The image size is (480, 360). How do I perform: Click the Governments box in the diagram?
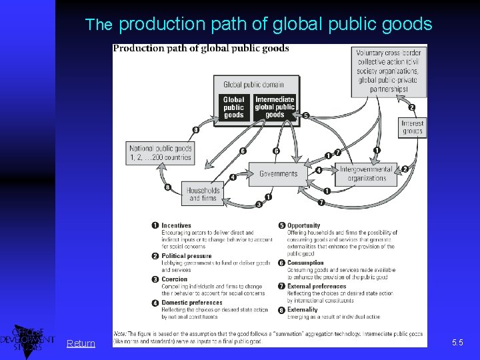click(x=278, y=174)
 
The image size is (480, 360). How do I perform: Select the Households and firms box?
click(x=203, y=194)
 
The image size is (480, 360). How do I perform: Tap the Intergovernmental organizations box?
click(x=366, y=174)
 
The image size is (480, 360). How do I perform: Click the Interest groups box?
click(x=412, y=127)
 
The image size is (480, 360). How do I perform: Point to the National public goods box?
click(x=161, y=153)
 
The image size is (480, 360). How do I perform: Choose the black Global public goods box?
click(x=234, y=107)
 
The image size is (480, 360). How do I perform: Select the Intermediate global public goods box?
click(x=275, y=107)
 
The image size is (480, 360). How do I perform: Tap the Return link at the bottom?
click(x=81, y=343)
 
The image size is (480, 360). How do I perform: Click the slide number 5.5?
click(x=457, y=343)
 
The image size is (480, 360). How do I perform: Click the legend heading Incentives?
click(x=176, y=226)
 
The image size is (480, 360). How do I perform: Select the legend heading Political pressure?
click(x=186, y=256)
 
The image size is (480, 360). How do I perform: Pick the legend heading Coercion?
click(x=174, y=279)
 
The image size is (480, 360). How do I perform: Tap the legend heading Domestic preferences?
click(x=191, y=303)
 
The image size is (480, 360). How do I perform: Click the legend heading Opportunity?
click(x=303, y=226)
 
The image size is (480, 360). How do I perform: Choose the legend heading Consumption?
click(x=305, y=263)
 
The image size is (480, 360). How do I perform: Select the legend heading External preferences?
click(x=317, y=287)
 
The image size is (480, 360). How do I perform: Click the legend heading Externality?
click(x=302, y=310)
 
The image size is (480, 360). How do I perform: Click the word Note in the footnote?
click(x=158, y=334)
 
